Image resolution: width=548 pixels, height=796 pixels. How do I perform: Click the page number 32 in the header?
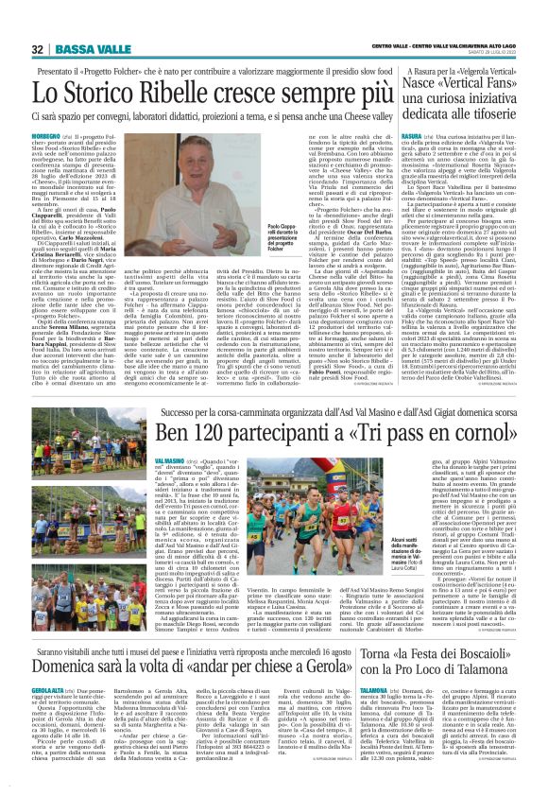pyautogui.click(x=38, y=48)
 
